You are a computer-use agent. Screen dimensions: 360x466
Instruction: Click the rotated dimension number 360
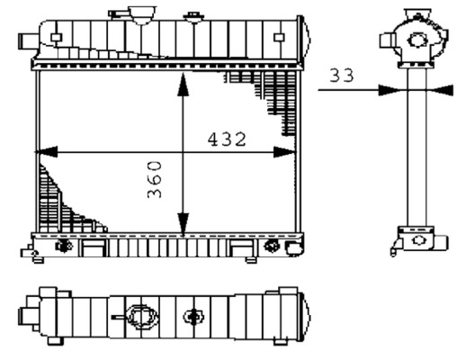(x=155, y=180)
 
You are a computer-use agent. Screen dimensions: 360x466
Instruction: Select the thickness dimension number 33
(x=341, y=77)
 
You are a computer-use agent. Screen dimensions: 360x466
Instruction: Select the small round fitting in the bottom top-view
(x=193, y=317)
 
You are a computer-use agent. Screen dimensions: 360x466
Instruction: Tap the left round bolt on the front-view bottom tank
(x=63, y=246)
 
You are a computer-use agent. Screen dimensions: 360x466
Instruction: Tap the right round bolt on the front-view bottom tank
(x=273, y=246)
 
